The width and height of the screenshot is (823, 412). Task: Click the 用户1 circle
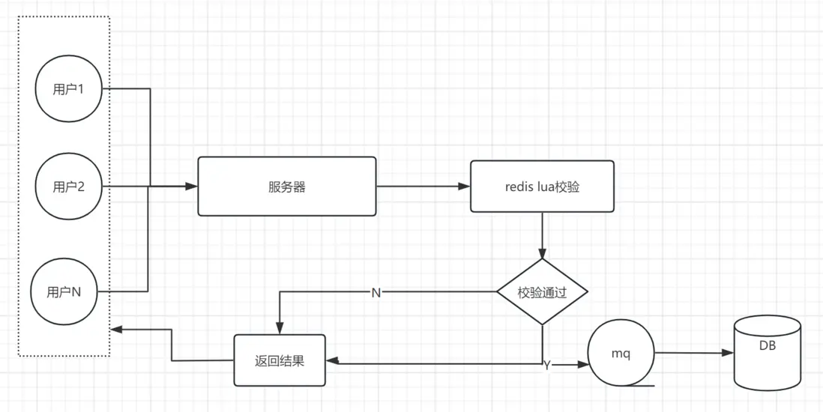[x=68, y=89]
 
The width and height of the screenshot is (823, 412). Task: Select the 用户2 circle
[x=68, y=187]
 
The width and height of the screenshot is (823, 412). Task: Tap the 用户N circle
[x=64, y=291]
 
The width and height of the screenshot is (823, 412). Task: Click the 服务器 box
[x=286, y=187]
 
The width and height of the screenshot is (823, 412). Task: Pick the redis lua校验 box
[x=542, y=187]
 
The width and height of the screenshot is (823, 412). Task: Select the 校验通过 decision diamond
[x=542, y=292]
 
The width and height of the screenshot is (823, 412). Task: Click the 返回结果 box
[x=280, y=360]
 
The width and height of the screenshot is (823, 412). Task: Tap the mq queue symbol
[x=621, y=354]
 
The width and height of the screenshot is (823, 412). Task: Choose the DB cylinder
[x=767, y=353]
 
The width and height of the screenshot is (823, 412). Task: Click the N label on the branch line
[x=376, y=292]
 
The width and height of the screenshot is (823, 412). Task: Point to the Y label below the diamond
[x=547, y=366]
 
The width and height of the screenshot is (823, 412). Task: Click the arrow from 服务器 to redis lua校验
[x=423, y=187]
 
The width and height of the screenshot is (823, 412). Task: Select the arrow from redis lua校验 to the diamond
[x=542, y=236]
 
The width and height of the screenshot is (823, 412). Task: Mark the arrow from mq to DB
[x=693, y=352]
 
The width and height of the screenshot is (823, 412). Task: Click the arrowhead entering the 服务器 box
[x=193, y=187]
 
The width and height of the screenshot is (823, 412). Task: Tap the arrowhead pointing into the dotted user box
[x=115, y=329]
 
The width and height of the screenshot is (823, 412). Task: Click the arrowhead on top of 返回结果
[x=280, y=329]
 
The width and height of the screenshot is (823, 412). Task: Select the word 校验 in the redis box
[x=567, y=187]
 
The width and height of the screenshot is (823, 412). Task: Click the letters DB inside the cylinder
[x=767, y=345]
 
